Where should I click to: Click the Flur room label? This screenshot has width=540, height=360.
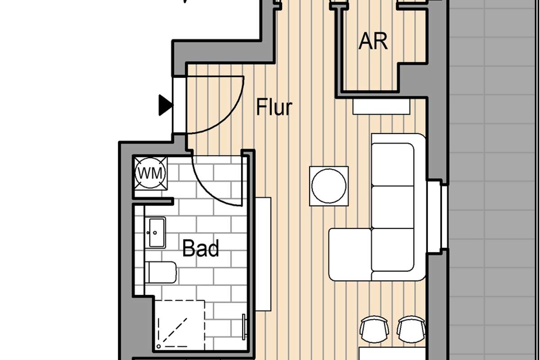coord(274,108)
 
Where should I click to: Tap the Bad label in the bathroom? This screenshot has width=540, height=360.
coord(201,248)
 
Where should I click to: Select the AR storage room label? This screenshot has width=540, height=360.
coord(373,41)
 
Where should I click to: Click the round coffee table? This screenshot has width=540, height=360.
coord(329,186)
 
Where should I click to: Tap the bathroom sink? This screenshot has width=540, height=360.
coord(156,232)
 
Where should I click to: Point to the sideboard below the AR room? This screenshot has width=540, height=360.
coord(381,107)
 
